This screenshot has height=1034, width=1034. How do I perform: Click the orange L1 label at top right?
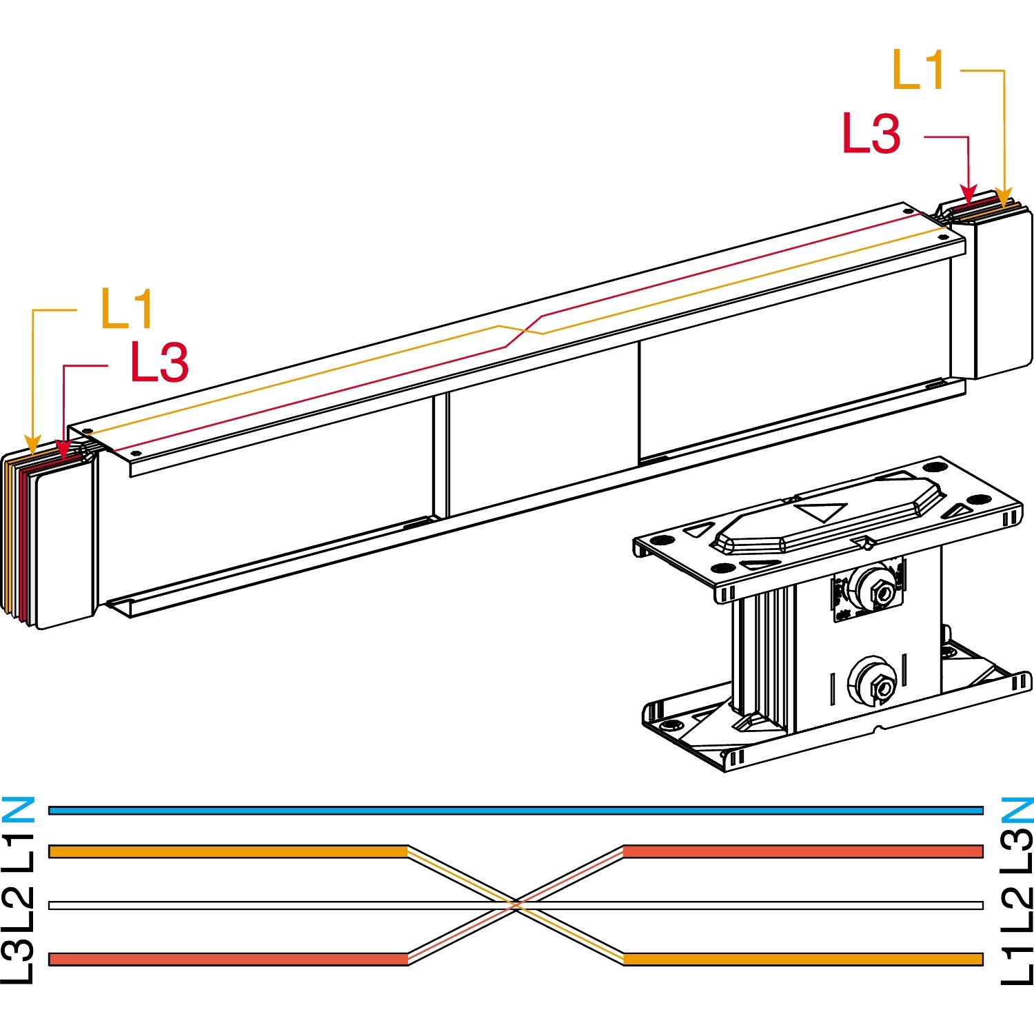click(x=918, y=70)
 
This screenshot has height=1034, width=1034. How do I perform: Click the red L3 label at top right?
click(x=871, y=133)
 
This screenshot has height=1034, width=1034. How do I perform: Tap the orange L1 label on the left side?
click(x=127, y=308)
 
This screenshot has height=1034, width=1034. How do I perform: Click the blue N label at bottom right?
click(x=1017, y=810)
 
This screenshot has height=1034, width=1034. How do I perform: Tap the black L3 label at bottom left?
click(x=18, y=960)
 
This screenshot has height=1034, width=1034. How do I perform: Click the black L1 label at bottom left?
click(x=18, y=853)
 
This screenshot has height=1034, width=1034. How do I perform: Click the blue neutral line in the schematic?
click(x=516, y=811)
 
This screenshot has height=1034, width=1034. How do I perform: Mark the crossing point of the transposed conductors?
click(x=516, y=905)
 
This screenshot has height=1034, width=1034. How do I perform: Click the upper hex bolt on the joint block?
click(x=882, y=591)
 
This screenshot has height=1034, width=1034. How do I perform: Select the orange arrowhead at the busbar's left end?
click(x=32, y=445)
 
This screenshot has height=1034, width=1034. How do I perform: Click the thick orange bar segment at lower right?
click(x=803, y=959)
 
